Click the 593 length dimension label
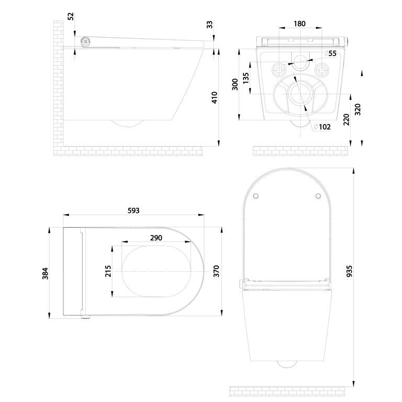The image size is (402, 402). click(133, 210)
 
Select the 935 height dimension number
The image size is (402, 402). click(350, 271)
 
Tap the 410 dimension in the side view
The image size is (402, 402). click(215, 97)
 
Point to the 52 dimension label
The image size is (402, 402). click(71, 16)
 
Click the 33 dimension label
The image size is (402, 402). click(210, 25)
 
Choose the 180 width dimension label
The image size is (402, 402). click(299, 24)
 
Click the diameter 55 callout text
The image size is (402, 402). click(330, 53)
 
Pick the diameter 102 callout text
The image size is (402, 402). click(322, 127)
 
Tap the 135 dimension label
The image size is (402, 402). click(245, 78)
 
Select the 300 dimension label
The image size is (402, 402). click(235, 84)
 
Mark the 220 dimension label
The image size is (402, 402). click(346, 119)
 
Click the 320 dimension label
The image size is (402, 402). click(358, 109)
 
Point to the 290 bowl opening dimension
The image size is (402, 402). click(156, 238)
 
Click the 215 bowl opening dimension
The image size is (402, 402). click(108, 271)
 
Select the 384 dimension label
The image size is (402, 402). click(45, 273)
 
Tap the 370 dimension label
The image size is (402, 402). click(216, 271)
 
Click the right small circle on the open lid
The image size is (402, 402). click(318, 196)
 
